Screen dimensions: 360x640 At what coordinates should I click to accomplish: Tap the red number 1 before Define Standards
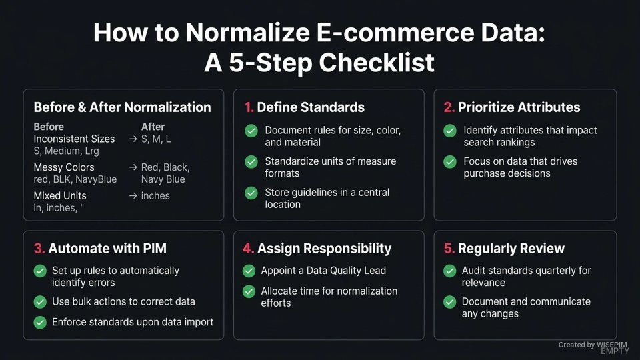(248, 107)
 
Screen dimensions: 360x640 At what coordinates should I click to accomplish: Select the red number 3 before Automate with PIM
(39, 249)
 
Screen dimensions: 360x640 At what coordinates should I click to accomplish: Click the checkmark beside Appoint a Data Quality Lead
(249, 271)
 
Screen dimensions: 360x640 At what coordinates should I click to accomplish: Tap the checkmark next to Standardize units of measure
(251, 161)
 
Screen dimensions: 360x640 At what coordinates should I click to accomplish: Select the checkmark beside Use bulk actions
(39, 302)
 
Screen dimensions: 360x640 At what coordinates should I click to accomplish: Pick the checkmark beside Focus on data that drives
(450, 161)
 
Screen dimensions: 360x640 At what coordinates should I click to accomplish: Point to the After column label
(153, 127)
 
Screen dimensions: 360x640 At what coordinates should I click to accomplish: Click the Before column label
(49, 127)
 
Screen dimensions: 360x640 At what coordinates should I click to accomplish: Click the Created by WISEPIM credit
(593, 345)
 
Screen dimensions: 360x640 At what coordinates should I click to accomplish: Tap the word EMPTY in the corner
(615, 351)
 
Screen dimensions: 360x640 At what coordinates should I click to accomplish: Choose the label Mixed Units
(60, 196)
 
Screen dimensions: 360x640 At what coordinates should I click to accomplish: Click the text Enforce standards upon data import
(133, 322)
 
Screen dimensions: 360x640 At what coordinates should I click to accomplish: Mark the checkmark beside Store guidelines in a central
(251, 193)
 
